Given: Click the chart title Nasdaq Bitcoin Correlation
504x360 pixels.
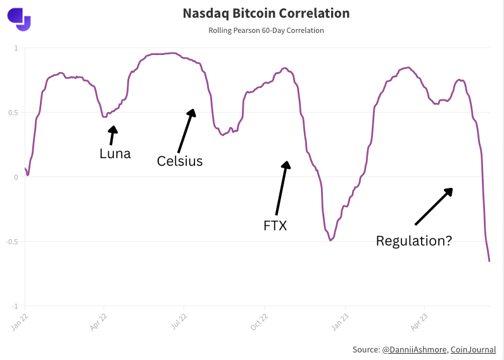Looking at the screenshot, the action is (266, 13).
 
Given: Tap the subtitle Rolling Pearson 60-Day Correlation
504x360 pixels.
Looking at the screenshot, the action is (266, 30).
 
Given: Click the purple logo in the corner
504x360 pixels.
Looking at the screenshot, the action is (19, 20).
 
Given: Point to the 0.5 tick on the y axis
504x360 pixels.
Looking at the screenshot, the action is (13, 113).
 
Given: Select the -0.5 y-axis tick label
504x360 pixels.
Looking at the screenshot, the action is (12, 242).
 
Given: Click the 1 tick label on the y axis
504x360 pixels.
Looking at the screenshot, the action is (16, 48).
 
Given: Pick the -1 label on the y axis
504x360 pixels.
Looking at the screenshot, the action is (15, 306).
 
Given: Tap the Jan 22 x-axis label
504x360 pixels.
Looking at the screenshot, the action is (20, 322).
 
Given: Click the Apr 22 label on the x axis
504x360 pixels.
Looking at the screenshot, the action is (98, 322).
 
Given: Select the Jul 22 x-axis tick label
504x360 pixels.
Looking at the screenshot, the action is (179, 322).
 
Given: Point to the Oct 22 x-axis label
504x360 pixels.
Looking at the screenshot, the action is (259, 322).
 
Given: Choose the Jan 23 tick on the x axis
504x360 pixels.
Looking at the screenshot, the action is (340, 322).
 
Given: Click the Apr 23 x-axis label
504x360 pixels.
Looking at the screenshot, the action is (419, 322).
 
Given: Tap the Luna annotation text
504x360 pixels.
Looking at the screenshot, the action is (115, 154).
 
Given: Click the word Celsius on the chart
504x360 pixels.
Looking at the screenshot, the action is (180, 161).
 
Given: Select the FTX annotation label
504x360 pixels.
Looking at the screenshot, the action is (275, 226).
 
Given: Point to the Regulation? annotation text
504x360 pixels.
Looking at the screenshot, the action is (414, 241).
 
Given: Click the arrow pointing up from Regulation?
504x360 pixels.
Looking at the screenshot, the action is (434, 206).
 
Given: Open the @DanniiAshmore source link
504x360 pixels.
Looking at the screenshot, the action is (414, 350).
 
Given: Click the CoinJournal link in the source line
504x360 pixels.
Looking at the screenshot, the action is (473, 350).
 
